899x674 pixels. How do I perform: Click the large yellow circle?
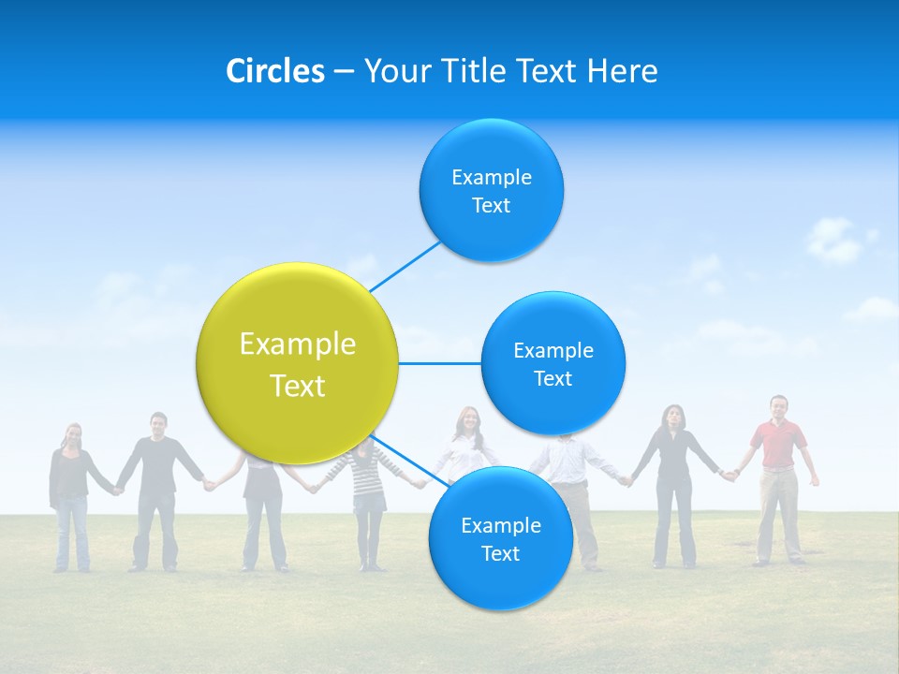click(x=297, y=363)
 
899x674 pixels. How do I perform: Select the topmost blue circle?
click(x=491, y=190)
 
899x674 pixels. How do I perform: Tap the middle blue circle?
click(x=553, y=363)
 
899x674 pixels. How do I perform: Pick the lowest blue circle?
click(x=500, y=538)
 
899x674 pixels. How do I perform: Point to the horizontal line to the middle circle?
click(x=439, y=363)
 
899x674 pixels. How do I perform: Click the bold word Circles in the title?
click(x=274, y=71)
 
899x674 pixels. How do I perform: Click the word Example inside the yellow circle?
click(x=297, y=344)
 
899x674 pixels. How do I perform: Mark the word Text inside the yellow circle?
click(x=297, y=386)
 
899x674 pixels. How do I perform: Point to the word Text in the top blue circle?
click(x=491, y=205)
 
